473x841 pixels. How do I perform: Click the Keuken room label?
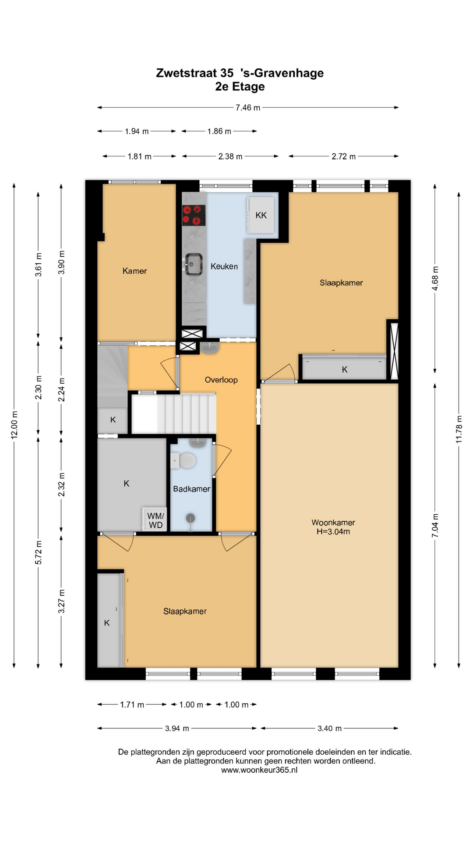(x=224, y=266)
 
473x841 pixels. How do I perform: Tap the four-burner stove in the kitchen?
(x=194, y=216)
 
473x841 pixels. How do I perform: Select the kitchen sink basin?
(x=193, y=265)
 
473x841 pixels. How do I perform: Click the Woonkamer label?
(x=333, y=523)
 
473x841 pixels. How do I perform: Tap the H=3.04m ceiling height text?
(x=333, y=532)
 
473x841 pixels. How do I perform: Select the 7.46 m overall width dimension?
(x=248, y=108)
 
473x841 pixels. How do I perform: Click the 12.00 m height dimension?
(x=14, y=425)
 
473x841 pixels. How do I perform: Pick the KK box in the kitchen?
(x=261, y=215)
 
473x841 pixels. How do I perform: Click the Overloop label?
(x=221, y=380)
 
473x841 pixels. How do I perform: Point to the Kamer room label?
(x=134, y=271)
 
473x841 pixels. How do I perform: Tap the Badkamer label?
(x=191, y=489)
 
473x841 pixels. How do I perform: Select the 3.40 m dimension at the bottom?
(x=329, y=728)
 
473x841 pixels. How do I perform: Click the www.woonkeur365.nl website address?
(x=259, y=770)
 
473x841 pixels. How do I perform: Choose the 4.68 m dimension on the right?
(x=435, y=279)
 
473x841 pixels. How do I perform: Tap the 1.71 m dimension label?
(x=132, y=705)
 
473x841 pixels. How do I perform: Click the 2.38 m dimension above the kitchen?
(x=230, y=156)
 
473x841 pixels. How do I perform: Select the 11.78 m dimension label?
(x=459, y=429)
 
